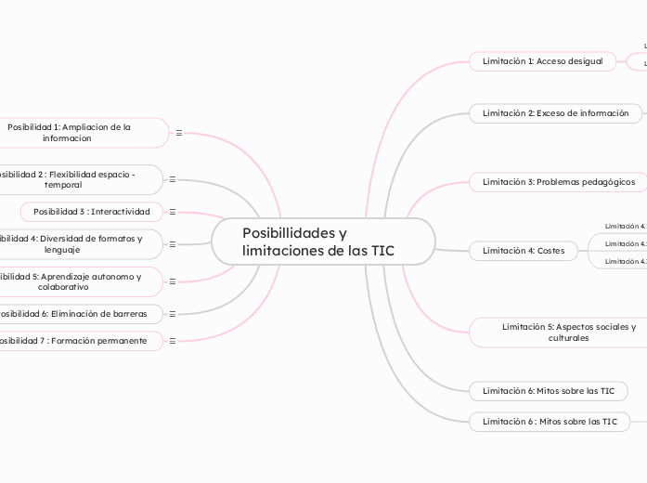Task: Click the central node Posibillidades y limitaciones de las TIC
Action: point(322,242)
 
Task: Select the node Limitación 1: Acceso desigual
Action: point(543,61)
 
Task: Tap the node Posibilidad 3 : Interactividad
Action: point(91,212)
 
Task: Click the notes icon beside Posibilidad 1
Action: point(179,133)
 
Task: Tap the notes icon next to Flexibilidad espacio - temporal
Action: point(173,179)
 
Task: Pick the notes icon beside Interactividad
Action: point(173,212)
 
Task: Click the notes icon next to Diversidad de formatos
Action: point(173,244)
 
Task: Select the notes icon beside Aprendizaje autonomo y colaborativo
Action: point(173,281)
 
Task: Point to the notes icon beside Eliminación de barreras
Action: point(173,314)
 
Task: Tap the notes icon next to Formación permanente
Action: point(173,341)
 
